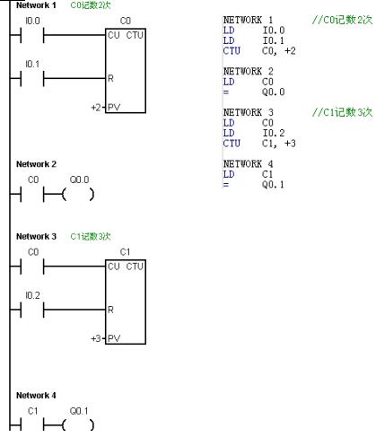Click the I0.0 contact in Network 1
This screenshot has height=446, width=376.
point(32,35)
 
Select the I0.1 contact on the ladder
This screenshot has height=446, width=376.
point(32,79)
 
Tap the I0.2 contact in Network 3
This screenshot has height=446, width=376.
point(32,310)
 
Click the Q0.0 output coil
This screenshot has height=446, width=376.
point(78,195)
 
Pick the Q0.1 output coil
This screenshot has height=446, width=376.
point(78,425)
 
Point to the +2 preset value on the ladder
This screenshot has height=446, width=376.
point(96,107)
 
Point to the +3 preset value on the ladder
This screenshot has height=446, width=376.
point(96,338)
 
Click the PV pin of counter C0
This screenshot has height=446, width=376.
point(114,107)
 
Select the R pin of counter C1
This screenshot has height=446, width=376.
point(110,310)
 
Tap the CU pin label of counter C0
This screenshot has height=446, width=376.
point(114,35)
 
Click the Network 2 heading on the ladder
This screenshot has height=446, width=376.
point(36,164)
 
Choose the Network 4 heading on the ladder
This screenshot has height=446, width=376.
point(36,396)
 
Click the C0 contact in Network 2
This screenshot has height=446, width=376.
point(32,195)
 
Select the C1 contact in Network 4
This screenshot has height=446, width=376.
point(32,425)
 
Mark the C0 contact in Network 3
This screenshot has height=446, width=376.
point(32,267)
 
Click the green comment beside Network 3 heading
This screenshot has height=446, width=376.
point(91,237)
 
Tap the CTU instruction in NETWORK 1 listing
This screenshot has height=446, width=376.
point(232,51)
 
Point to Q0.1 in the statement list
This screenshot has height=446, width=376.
point(273,185)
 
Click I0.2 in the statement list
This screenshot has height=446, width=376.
point(274,133)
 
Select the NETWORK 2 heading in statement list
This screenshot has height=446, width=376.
point(248,72)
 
